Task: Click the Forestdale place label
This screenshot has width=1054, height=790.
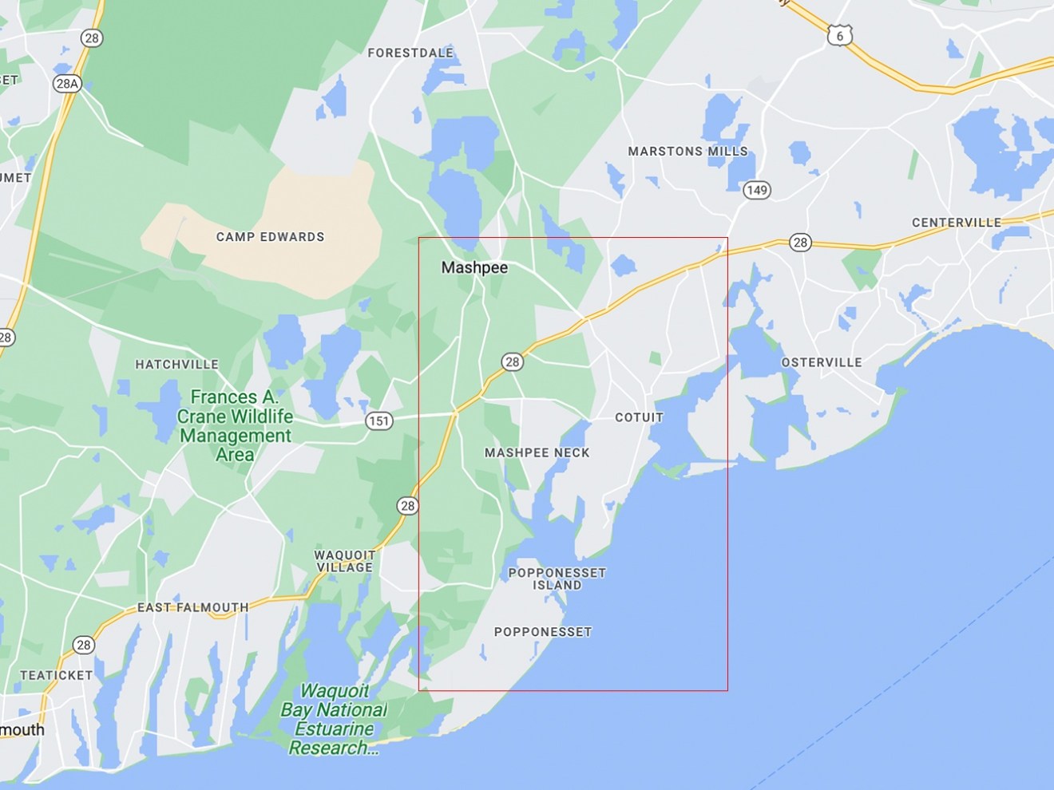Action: [x=410, y=53]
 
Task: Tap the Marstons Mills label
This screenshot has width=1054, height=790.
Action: [x=687, y=151]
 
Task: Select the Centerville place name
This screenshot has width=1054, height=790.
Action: [x=956, y=223]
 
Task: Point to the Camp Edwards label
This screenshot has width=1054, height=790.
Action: [x=270, y=237]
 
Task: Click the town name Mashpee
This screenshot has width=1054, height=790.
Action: [x=474, y=268]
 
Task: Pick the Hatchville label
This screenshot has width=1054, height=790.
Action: [x=176, y=365]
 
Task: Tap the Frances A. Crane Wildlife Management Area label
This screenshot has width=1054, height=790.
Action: [x=235, y=426]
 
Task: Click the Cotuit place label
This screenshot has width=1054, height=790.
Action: [x=639, y=417]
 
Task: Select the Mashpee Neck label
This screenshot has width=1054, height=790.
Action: [x=537, y=452]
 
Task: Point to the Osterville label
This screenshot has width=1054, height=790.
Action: [x=821, y=362]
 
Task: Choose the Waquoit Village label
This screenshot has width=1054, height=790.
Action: [x=344, y=561]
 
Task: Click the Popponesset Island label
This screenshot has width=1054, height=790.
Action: [x=557, y=579]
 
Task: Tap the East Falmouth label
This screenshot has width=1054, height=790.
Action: [x=192, y=607]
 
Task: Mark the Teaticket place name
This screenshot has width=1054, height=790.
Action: [x=56, y=675]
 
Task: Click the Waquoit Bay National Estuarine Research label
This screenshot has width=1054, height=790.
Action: [x=334, y=719]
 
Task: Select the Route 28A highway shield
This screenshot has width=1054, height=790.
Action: [x=67, y=83]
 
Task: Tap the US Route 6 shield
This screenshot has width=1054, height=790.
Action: [x=839, y=35]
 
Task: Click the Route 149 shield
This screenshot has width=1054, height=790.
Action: [x=756, y=190]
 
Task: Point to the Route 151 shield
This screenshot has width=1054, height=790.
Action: [x=378, y=421]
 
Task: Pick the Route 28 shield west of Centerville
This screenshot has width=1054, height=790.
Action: [x=800, y=243]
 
